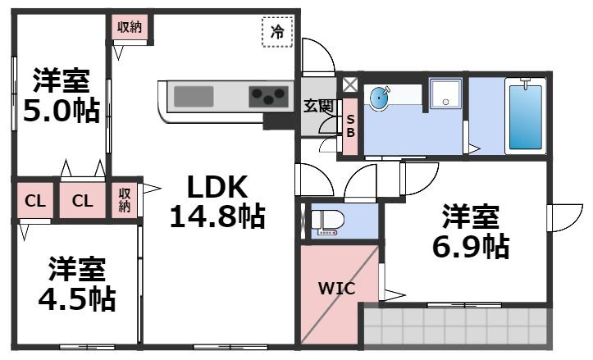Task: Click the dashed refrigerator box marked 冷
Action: point(277,32)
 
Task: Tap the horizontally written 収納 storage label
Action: point(129,26)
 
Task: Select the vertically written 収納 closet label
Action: point(125,200)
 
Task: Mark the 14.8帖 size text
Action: point(217,216)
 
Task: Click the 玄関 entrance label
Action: point(318,106)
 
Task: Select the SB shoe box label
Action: point(349,125)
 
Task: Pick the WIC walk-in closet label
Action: point(335,289)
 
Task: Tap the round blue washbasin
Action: point(380,98)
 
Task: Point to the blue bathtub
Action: point(525,116)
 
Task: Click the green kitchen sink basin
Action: point(194,95)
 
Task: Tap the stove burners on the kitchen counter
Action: point(267,96)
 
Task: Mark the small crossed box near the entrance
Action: point(349,84)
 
